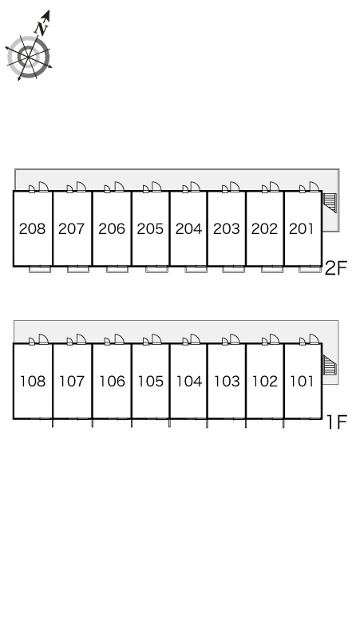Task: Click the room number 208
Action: pos(32,228)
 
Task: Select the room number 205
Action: pos(150,228)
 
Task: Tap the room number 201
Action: pos(302,228)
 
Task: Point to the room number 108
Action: pos(33,381)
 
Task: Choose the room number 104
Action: pos(189,381)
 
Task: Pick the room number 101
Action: pos(302,381)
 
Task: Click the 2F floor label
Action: pos(335,269)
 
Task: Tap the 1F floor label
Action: pos(337,422)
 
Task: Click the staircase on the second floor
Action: pos(330,203)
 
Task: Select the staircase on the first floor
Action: pos(330,365)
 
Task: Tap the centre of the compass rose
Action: pos(29,57)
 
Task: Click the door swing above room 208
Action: pos(43,186)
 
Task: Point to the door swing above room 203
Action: pos(235,186)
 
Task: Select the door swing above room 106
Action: pos(119,339)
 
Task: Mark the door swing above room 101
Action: pos(314,339)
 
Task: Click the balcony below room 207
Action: pos(78,270)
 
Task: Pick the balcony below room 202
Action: pos(272,270)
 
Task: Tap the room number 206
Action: pos(112,228)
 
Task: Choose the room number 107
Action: pos(72,381)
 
